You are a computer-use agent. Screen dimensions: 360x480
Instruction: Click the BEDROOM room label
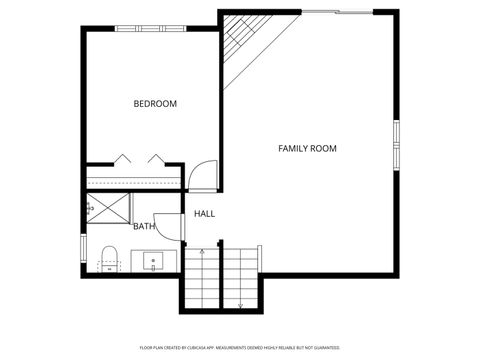pos(155,104)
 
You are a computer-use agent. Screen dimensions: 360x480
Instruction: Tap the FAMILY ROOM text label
pos(307,148)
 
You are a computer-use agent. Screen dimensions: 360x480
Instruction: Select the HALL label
pos(204,213)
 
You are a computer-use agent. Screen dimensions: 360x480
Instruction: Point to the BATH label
pos(144,226)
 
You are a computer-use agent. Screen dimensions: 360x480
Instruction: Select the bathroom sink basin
pos(155,262)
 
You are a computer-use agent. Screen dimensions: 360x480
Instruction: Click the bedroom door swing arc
pos(203,176)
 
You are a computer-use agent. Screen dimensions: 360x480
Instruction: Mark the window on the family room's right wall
pos(397,146)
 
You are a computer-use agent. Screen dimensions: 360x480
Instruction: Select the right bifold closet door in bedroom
pos(155,159)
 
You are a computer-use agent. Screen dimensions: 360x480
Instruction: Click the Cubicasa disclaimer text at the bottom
pos(239,347)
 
